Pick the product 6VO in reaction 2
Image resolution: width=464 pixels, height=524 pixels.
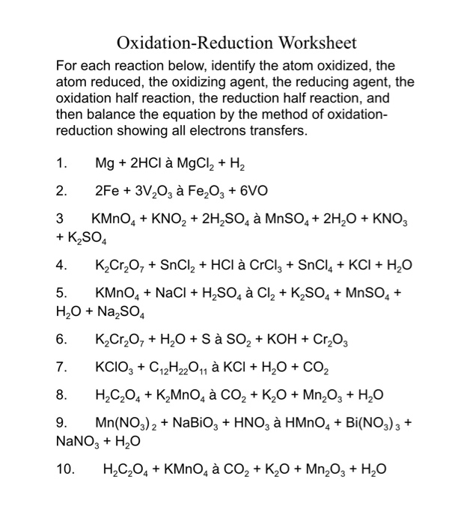tap(260, 191)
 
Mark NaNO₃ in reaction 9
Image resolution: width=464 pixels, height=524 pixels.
tap(78, 440)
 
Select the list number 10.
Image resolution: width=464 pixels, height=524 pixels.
tap(64, 469)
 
